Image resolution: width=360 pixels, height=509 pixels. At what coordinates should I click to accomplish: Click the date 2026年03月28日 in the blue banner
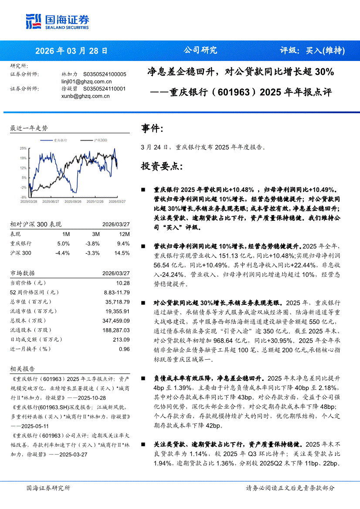(x=71, y=50)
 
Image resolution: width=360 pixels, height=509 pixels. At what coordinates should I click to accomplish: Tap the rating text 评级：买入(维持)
(x=312, y=50)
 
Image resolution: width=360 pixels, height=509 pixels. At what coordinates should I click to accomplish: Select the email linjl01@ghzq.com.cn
(x=87, y=81)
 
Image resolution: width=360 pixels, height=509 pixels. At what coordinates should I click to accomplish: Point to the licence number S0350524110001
(x=104, y=88)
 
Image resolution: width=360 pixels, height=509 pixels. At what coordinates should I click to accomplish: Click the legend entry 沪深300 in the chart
(x=100, y=141)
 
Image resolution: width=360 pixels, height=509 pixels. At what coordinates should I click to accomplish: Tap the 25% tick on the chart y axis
(x=23, y=148)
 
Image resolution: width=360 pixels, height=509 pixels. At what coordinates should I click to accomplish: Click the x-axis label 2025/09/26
(x=72, y=202)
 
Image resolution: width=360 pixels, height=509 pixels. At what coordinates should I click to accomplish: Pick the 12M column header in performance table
(x=125, y=234)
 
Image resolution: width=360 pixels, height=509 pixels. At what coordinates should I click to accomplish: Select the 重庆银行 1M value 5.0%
(x=63, y=243)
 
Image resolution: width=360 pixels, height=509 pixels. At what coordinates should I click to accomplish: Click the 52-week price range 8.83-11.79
(x=117, y=292)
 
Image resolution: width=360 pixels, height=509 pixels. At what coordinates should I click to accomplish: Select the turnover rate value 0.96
(x=125, y=349)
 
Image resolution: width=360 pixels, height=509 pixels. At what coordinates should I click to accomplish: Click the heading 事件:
(x=152, y=128)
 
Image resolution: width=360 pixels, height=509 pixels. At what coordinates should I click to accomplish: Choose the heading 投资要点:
(x=162, y=166)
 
